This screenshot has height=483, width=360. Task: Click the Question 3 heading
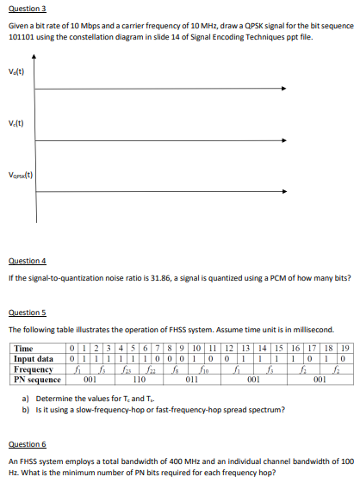coord(25,6)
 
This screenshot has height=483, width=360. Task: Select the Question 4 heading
coord(25,260)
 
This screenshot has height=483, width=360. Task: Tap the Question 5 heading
coord(25,313)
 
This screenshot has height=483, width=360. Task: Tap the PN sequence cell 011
coord(192,378)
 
